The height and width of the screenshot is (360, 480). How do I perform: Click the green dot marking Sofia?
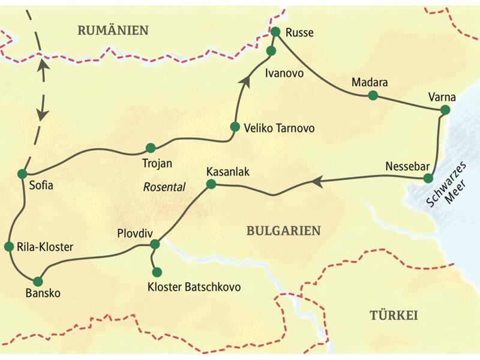click(22, 173)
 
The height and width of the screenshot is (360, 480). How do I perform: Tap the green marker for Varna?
click(445, 110)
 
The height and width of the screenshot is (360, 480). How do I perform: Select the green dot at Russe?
click(275, 32)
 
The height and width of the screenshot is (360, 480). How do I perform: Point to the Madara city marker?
click(373, 95)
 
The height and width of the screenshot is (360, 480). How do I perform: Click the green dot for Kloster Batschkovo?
click(157, 272)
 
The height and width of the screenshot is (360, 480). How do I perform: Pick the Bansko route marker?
click(38, 281)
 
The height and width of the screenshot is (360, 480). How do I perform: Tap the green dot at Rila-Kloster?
click(9, 247)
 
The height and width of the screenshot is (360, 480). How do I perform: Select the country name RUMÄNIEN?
click(113, 31)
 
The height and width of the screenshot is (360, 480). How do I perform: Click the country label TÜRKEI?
click(393, 316)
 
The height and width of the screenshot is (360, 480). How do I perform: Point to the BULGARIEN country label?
click(283, 230)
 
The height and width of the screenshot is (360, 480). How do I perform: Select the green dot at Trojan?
click(150, 148)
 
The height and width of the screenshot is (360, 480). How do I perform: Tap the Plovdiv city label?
click(133, 233)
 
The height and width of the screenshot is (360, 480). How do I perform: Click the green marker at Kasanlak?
click(211, 185)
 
